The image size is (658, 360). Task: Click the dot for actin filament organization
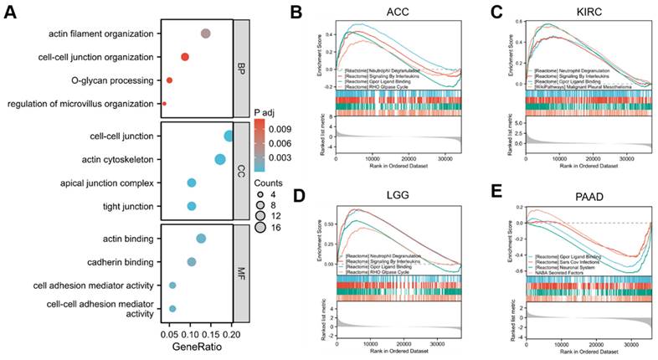206,33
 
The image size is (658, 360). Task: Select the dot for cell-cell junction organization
185,57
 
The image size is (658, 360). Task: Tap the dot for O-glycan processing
169,80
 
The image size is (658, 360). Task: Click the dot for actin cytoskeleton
220,160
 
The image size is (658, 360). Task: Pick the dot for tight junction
192,206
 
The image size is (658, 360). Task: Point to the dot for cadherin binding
192,262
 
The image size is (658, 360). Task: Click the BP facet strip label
241,68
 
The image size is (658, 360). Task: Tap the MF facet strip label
241,273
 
